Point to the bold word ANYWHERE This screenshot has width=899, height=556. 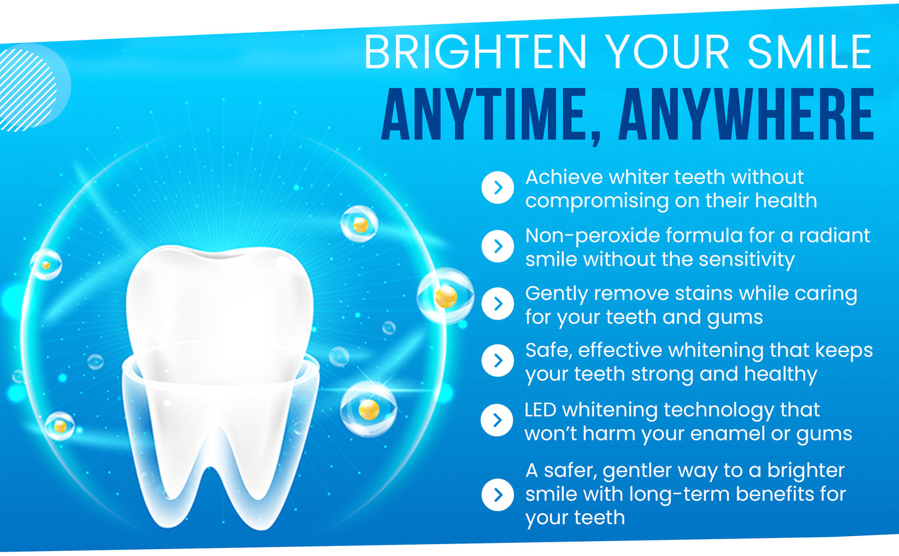coord(747,116)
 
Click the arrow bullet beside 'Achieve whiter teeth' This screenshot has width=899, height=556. coord(498,188)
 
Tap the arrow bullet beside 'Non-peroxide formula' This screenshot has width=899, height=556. coord(498,246)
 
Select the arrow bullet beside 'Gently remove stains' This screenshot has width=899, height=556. coord(498,303)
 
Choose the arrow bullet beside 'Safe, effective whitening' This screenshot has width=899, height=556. coord(498,361)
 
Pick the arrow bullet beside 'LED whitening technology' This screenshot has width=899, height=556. coord(498,420)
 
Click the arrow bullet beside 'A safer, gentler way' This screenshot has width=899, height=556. coord(498,494)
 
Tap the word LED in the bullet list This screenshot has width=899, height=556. coord(539,410)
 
